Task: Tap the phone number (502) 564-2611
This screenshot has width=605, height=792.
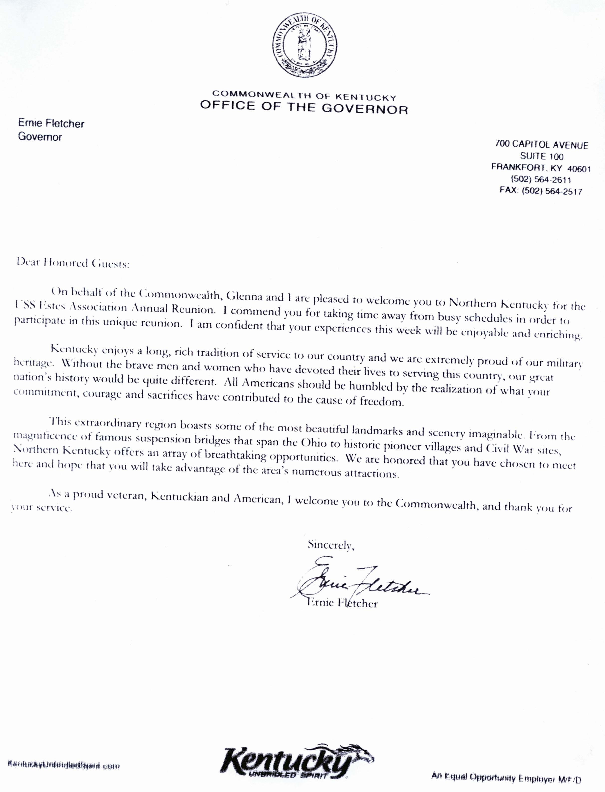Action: pos(541,179)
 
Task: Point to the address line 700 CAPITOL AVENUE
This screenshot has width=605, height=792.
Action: pos(541,145)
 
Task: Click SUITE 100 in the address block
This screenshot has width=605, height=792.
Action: pos(542,156)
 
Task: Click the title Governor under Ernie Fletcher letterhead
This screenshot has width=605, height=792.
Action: pos(40,137)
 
